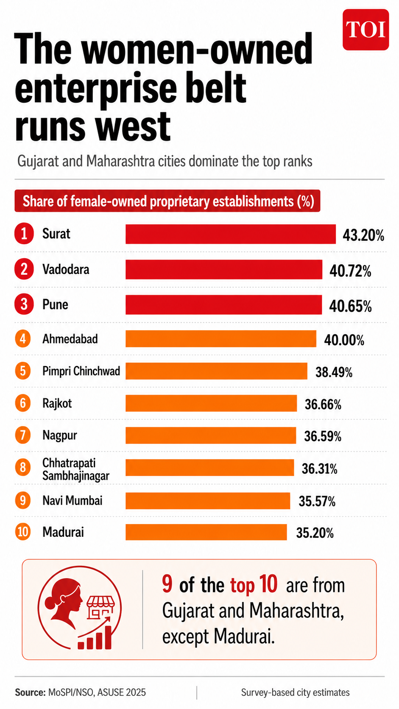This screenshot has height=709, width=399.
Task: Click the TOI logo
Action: coord(366,29)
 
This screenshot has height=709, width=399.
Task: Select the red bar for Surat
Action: coord(230,234)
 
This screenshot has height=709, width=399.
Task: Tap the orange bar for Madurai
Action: coord(206,532)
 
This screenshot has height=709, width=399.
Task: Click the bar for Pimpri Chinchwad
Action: coord(216,371)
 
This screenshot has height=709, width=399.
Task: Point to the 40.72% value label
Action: coord(350,271)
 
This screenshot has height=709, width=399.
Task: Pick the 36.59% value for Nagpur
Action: coord(323,436)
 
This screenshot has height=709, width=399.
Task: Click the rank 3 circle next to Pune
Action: coord(24,304)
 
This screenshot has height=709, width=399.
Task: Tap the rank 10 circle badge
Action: coord(23,532)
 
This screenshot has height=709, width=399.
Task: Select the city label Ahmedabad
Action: coord(70,339)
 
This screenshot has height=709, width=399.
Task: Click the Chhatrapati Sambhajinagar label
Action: coord(75,469)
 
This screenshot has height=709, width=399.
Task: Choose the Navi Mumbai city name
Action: coord(73,501)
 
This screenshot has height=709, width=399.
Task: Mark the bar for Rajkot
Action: coord(211,403)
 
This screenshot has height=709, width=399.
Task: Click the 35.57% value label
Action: coord(317,502)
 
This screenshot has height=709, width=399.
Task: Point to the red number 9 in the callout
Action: coord(167,584)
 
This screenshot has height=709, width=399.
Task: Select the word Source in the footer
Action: coord(30,692)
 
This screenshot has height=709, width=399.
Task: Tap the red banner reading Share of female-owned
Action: coord(167,201)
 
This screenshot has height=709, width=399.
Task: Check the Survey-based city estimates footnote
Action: coord(295,692)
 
